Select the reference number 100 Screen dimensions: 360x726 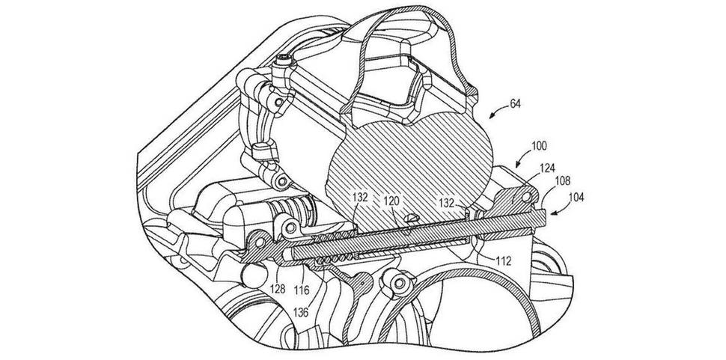pyautogui.click(x=538, y=145)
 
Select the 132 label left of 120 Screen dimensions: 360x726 pyautogui.click(x=359, y=198)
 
